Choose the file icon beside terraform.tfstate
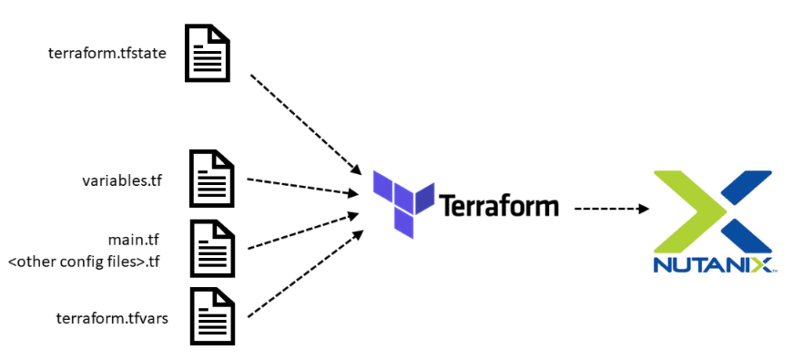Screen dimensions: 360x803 tap(207, 53)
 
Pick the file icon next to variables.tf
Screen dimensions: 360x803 tap(212, 179)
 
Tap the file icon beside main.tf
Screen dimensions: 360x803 tap(212, 248)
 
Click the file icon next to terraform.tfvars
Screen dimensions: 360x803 tap(212, 316)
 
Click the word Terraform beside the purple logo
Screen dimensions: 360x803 tap(500, 206)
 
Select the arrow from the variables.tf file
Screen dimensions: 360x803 tap(298, 186)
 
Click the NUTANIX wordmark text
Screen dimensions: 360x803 tap(711, 264)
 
